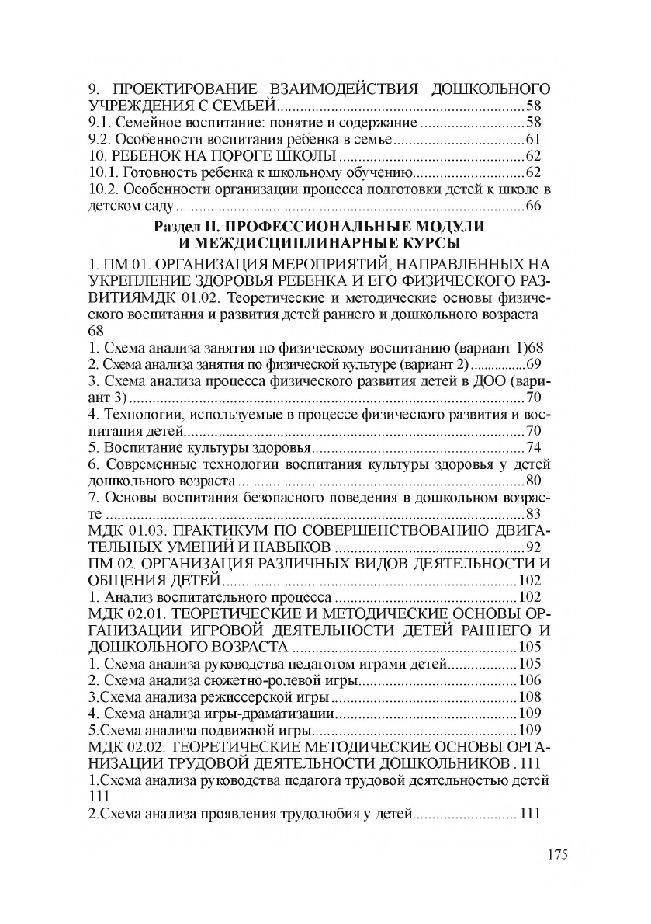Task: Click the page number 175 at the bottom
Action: pos(556,854)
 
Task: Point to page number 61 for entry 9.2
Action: pos(533,140)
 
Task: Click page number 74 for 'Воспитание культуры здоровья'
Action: pos(533,447)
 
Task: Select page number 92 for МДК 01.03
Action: pos(533,547)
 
